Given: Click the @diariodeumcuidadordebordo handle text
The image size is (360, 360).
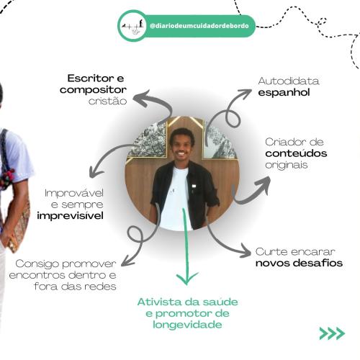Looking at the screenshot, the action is point(199,26).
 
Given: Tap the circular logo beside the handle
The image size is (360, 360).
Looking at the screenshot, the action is point(132,26).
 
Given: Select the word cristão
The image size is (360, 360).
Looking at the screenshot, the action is point(107,101).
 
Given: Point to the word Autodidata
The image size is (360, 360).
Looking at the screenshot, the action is point(289,81).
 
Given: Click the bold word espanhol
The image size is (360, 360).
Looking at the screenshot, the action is point(284,92).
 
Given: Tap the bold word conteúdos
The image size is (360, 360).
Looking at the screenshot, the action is point(296,153).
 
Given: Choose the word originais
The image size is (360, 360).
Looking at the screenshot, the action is point(287,165).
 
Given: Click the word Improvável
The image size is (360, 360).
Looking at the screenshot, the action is point(74,193).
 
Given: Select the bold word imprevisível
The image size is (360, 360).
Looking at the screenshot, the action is point(71,215).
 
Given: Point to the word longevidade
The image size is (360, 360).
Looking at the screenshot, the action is point(187,325).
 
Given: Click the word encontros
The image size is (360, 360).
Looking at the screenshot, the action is point(37,275).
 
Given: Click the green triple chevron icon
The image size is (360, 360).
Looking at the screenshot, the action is point(332,333).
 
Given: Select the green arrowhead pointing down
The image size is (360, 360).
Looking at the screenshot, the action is point(187,278).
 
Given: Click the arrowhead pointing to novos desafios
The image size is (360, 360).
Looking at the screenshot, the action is point(246,251).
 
